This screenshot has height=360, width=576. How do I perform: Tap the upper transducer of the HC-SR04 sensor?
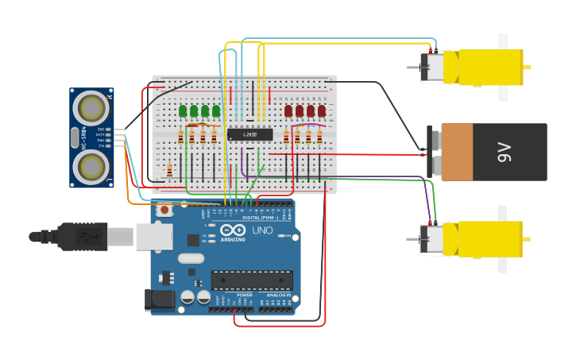point(91,106)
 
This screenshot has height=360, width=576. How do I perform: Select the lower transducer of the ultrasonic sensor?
point(91,167)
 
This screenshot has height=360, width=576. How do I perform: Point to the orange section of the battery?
point(457,153)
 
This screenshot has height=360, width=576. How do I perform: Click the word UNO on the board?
point(262,230)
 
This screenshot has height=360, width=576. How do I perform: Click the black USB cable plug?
point(79,236)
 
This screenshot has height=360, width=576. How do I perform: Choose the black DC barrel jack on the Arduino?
point(159,300)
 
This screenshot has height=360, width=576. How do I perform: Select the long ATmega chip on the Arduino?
point(251,280)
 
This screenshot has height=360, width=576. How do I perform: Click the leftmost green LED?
point(183,111)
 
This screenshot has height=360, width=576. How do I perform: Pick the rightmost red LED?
point(322,111)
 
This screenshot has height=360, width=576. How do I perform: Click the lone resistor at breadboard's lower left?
point(169,169)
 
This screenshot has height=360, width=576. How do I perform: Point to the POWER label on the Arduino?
point(245,295)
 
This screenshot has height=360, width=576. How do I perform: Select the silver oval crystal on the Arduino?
point(191,258)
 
